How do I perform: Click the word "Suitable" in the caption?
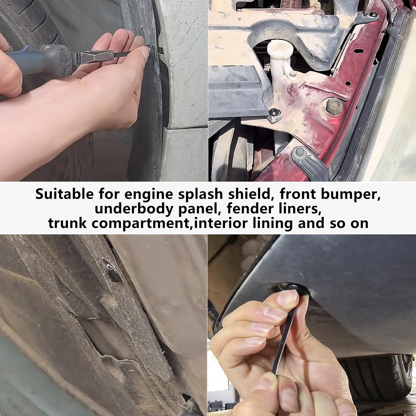pos(64,194)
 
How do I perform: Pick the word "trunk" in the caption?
pos(67,223)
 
